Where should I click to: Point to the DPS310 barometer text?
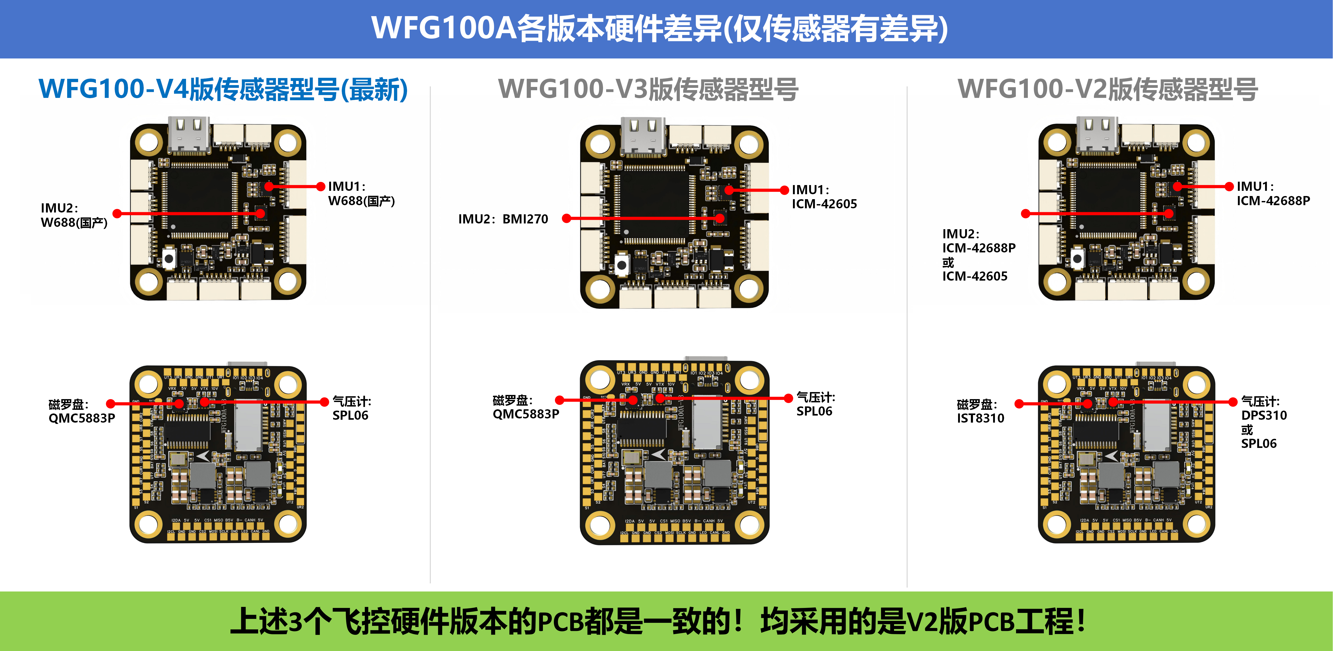(1264, 415)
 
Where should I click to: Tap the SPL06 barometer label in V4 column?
(350, 416)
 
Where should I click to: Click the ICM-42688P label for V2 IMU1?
(1273, 201)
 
